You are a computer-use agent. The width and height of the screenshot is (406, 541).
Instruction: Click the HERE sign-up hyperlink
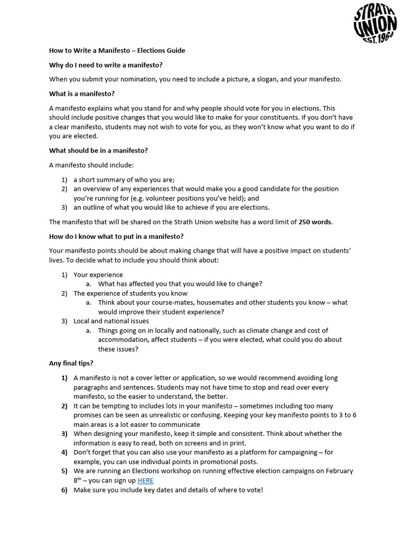145,480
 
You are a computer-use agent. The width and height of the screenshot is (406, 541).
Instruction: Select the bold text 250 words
315,222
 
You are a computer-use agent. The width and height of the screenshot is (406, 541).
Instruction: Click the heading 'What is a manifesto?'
81,94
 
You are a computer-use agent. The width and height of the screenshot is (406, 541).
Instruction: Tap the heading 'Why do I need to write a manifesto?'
106,65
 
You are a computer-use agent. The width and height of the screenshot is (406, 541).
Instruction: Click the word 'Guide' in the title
175,51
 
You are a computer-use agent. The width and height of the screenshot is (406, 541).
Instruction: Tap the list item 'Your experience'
98,275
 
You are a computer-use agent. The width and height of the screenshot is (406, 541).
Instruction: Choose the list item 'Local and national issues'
111,321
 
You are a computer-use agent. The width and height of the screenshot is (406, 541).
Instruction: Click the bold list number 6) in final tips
64,490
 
